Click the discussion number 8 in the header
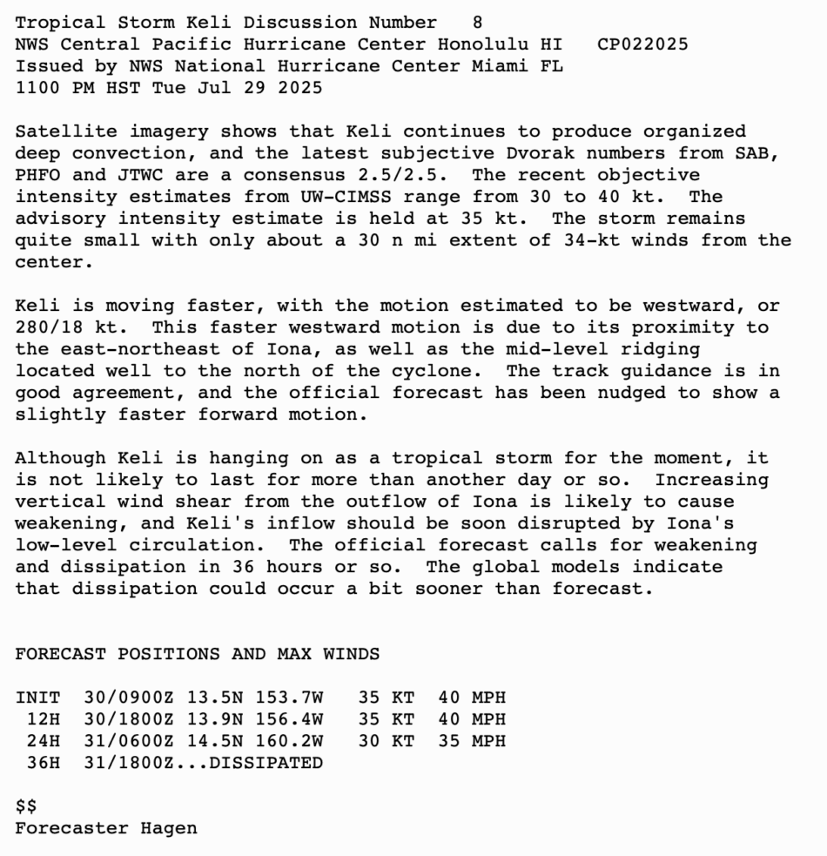(x=477, y=23)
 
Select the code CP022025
(x=642, y=44)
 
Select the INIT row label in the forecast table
(x=37, y=698)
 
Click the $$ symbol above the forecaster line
(x=26, y=806)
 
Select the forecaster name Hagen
(x=169, y=828)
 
